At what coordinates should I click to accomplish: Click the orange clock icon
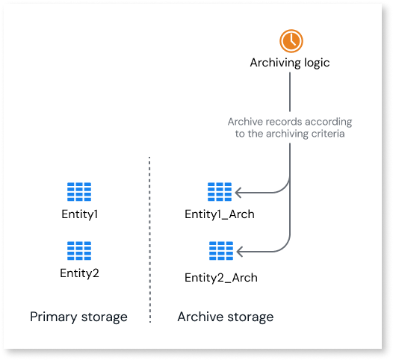289,40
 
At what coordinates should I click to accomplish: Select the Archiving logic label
289,63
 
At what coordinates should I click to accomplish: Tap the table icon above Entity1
79,192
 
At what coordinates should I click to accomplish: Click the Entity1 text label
79,214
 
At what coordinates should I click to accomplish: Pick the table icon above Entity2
79,250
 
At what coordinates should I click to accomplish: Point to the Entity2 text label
79,273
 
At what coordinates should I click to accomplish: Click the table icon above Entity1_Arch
220,192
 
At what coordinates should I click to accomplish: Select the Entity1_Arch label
220,214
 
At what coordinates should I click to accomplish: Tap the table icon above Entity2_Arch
220,250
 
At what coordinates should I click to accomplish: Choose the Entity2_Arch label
220,278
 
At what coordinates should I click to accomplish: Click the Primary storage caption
78,317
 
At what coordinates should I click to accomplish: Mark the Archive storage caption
225,317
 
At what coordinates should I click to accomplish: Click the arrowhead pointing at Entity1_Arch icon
239,193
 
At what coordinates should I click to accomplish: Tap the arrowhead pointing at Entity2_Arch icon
239,252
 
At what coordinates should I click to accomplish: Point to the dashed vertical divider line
149,239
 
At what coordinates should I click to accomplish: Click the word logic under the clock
315,63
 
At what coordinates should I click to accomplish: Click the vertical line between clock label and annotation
289,93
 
